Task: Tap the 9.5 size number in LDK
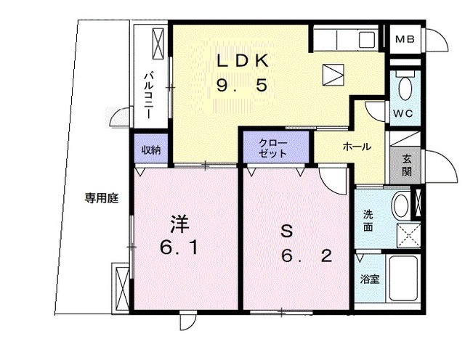(x=243, y=86)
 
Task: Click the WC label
(x=403, y=114)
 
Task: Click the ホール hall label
(x=357, y=147)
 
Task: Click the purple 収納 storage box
(x=151, y=150)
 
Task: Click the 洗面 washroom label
(x=368, y=220)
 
